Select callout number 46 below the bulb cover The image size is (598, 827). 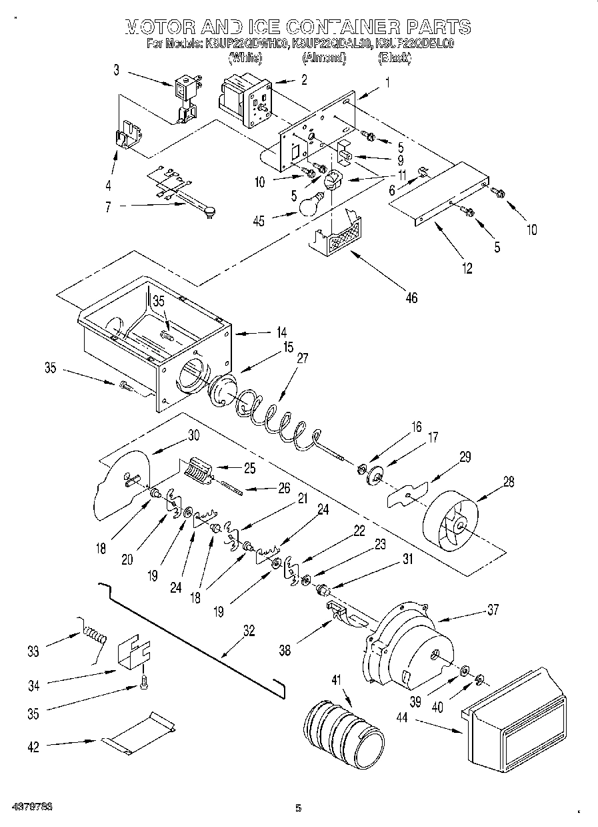click(x=411, y=298)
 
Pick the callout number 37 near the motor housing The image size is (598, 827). click(x=493, y=609)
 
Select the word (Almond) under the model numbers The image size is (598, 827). click(x=324, y=59)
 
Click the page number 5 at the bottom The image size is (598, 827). click(x=298, y=808)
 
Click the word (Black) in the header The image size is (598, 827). click(x=394, y=59)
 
